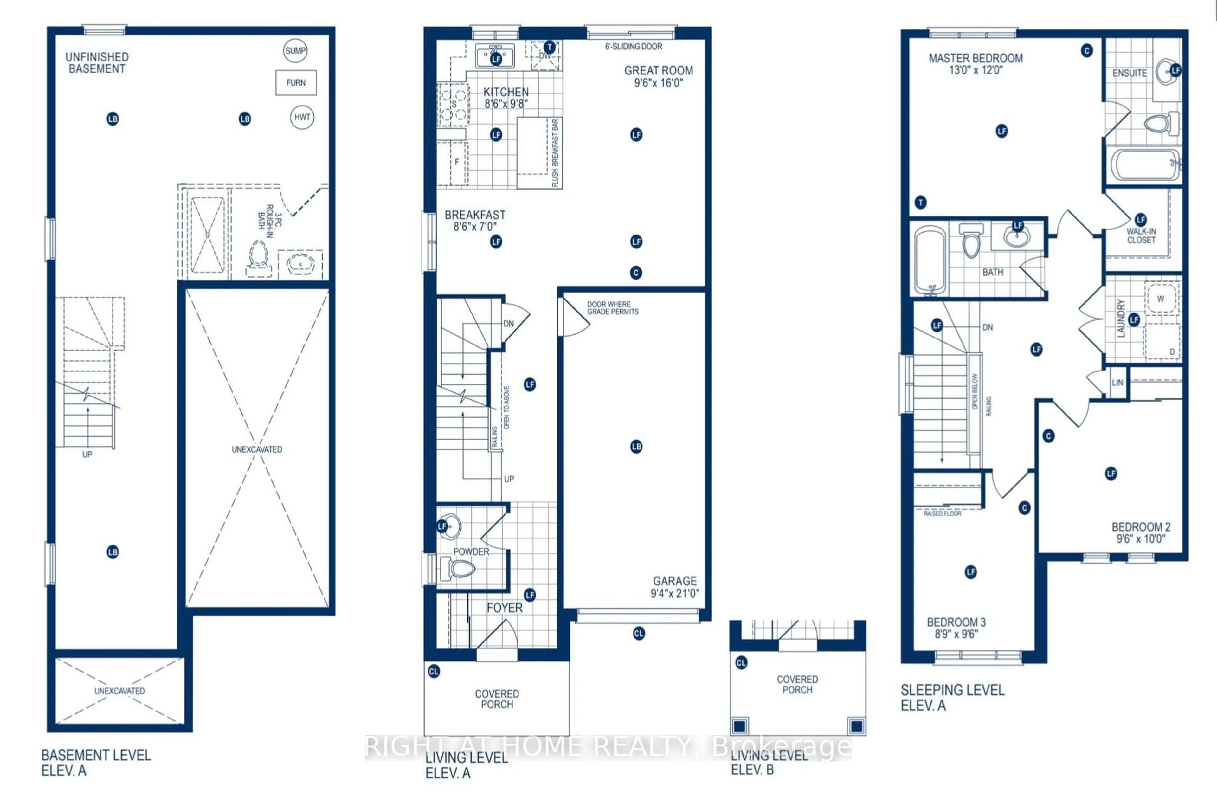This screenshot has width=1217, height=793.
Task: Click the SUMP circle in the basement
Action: [x=295, y=51]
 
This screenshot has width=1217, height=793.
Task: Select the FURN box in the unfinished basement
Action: [x=296, y=83]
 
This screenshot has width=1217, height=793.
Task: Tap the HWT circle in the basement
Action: [x=302, y=117]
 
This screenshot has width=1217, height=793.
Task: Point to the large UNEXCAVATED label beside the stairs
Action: [x=257, y=449]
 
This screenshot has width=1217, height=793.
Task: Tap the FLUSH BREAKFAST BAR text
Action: [x=555, y=153]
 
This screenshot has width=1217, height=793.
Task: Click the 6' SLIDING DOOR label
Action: [x=633, y=47]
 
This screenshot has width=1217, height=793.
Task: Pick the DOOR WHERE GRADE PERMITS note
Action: [x=612, y=308]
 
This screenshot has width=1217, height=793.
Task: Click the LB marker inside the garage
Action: [x=636, y=446]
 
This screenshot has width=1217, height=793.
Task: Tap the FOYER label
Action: [x=504, y=608]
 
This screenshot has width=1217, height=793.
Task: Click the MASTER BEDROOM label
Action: [x=975, y=58]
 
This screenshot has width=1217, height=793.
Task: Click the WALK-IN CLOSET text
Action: [x=1141, y=236]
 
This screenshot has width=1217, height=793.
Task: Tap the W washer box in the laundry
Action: [x=1160, y=299]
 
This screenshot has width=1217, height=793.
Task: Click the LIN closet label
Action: [x=1117, y=383]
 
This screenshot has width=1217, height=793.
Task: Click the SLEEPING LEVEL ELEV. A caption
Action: [x=952, y=697]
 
